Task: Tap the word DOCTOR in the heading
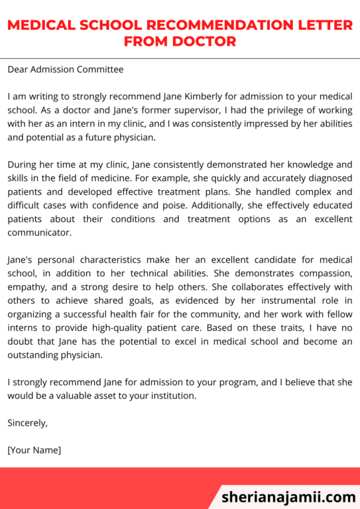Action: coord(204,42)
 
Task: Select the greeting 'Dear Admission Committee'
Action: coord(66,69)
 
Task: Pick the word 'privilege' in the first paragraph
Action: coord(243,110)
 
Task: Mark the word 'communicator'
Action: coord(39,233)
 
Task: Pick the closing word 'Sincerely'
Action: coord(27,423)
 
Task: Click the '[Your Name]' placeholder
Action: coord(34,450)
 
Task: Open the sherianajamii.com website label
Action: coord(288,496)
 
